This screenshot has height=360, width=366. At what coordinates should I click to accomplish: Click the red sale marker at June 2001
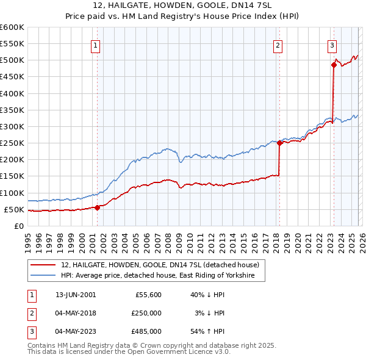pos(97,207)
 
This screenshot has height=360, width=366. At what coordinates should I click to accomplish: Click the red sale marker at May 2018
pos(279,143)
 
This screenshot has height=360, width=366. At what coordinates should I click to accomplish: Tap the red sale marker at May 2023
pos(334,65)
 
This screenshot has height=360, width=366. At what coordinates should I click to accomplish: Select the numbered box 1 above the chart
pos(96,45)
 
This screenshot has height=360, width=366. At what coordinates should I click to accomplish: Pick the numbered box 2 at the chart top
pos(278,45)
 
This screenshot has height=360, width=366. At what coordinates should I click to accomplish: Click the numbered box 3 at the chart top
pos(332,45)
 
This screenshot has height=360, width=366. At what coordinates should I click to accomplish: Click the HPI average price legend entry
pos(162,276)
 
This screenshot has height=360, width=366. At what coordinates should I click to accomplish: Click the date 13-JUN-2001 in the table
pos(76,294)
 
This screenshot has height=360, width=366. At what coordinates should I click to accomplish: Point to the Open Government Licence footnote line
pos(129,352)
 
